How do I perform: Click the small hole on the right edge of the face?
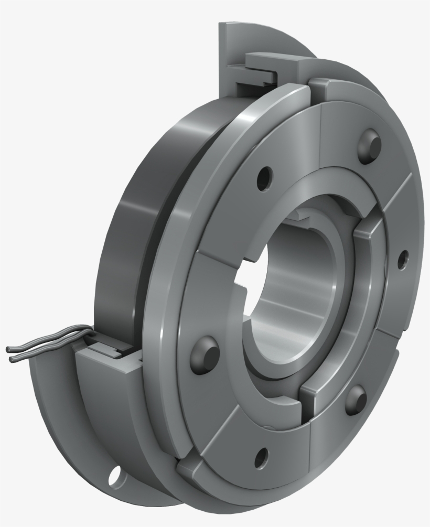pos(403,259)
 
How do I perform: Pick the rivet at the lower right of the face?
pos(357,402)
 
